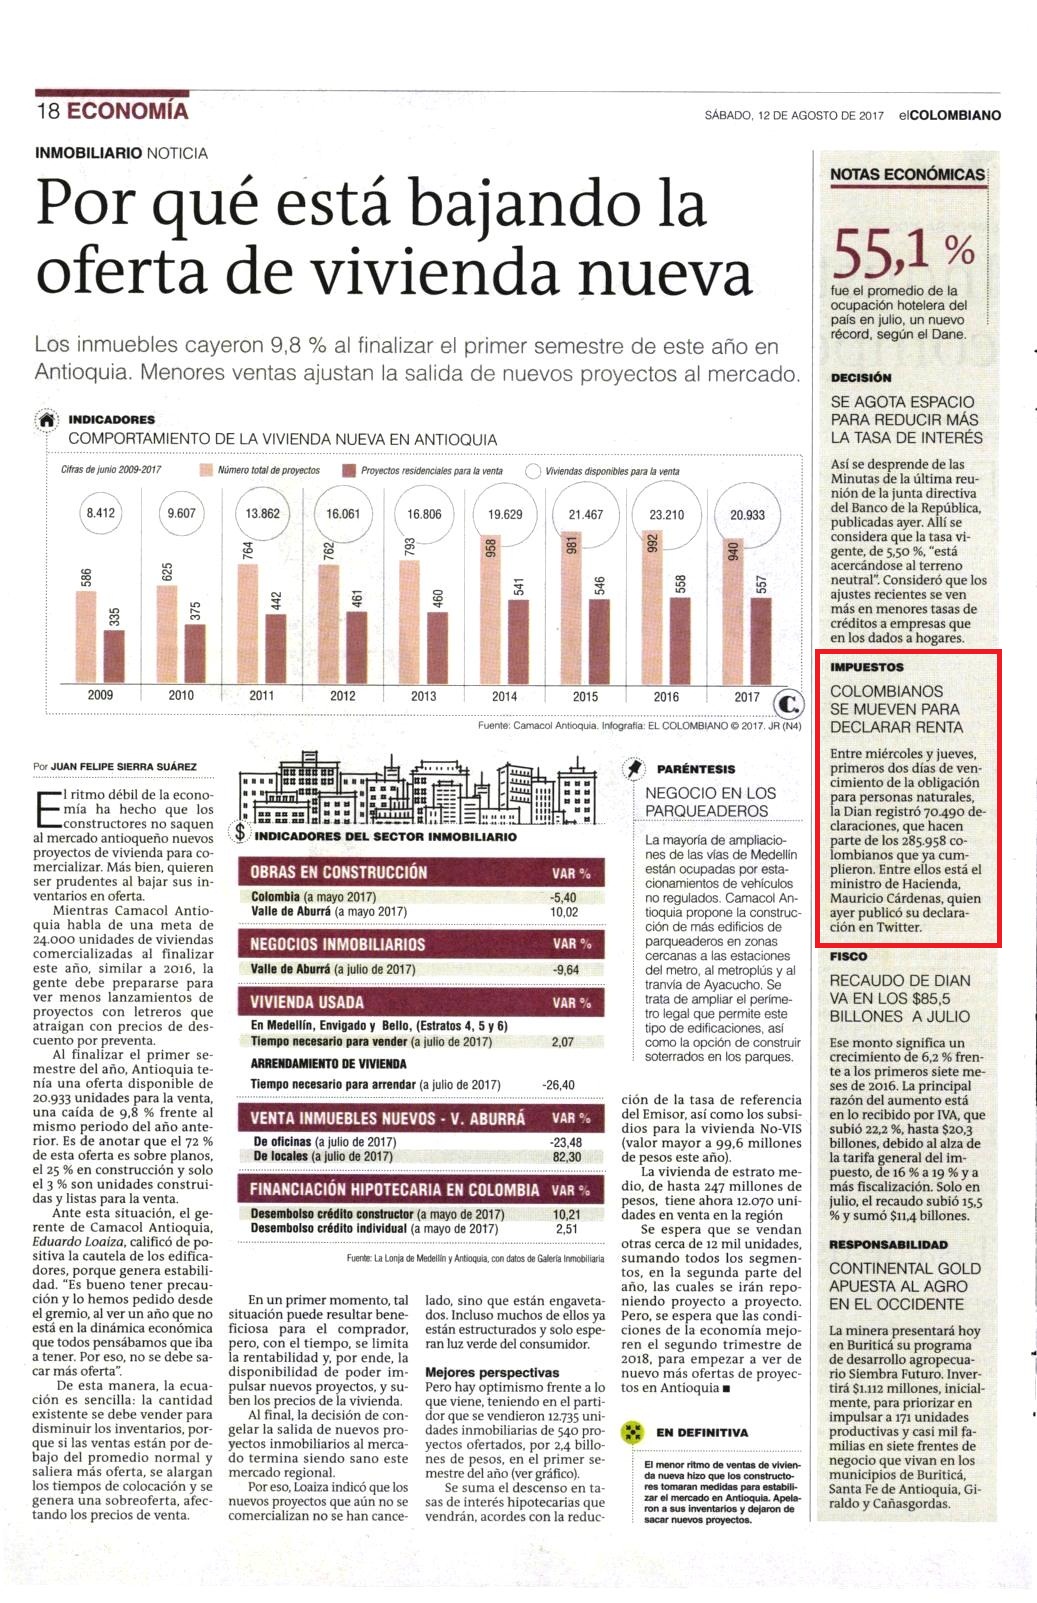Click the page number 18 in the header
coord(48,111)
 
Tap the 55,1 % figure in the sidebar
coord(904,253)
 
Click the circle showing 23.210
coord(666,514)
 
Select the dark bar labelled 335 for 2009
coord(115,656)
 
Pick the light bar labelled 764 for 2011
coord(248,623)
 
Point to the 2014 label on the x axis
coord(505,696)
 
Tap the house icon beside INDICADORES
coord(47,420)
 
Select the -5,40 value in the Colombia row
coord(563,897)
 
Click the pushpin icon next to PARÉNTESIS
coord(634,768)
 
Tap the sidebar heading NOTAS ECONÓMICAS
coord(907,175)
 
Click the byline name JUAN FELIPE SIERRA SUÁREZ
coord(123,766)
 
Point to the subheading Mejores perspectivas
coord(492,1373)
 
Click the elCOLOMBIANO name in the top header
coord(950,115)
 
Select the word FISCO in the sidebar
coord(848,956)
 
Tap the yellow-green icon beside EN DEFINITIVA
coord(632,1432)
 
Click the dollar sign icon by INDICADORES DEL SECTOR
coord(240,832)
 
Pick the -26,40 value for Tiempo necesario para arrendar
coord(558,1085)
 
